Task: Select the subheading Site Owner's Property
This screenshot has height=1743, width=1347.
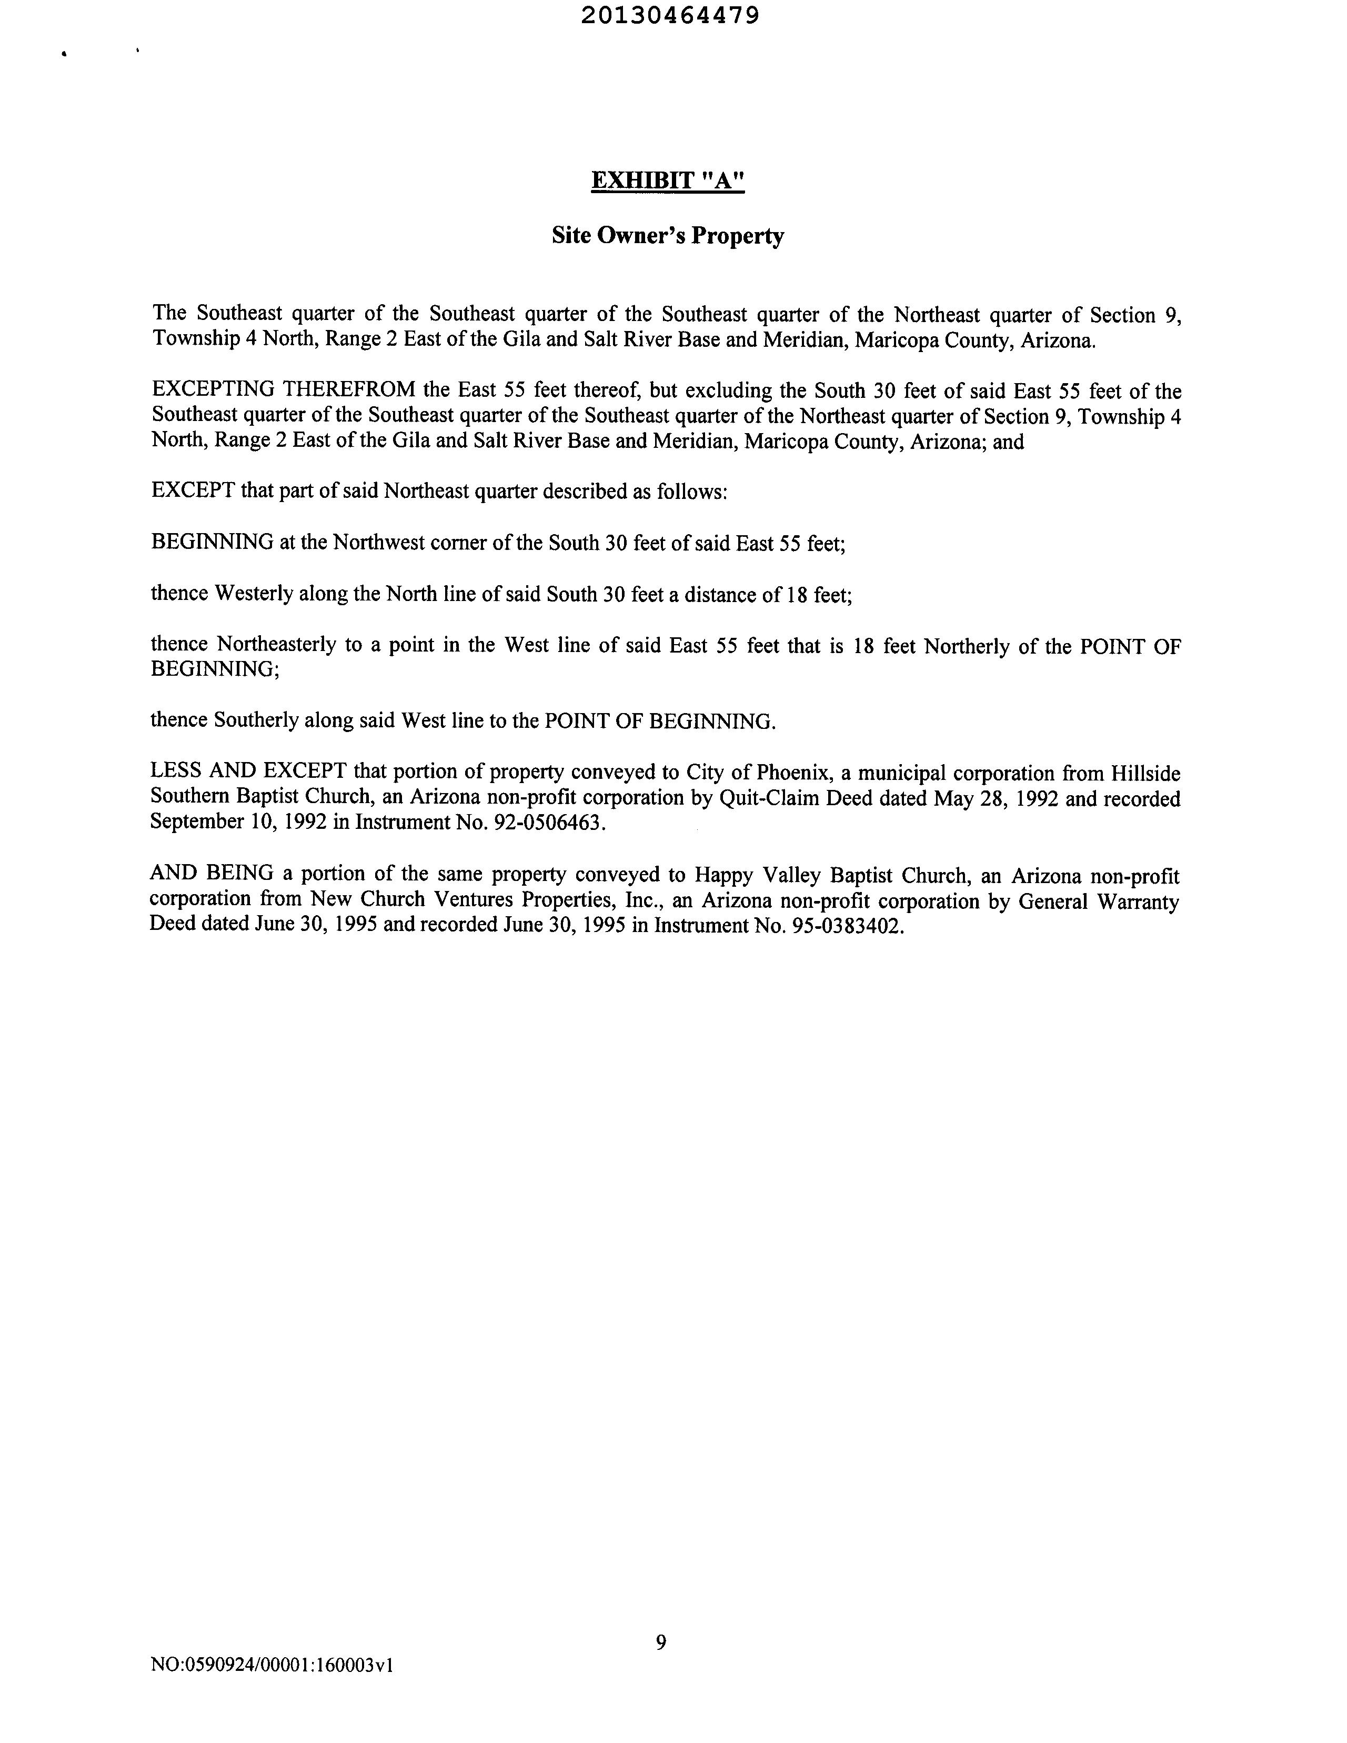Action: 668,236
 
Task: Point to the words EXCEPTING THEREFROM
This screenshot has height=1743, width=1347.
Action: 283,390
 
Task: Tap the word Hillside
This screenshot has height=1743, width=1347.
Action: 1146,773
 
